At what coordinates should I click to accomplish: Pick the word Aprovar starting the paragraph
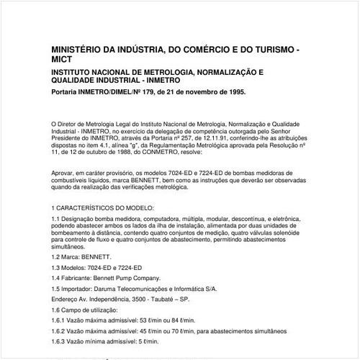[64, 174]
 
